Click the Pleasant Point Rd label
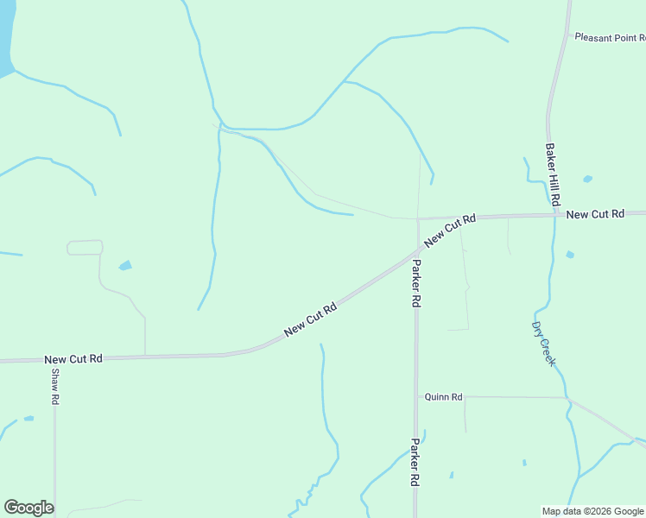(x=610, y=38)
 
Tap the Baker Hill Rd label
(x=552, y=174)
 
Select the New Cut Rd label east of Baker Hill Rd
(x=595, y=213)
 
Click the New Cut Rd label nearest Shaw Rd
(x=73, y=358)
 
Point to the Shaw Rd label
(x=54, y=388)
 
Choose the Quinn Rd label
(x=444, y=397)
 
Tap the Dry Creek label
(x=543, y=344)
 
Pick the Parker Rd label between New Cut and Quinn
(x=416, y=284)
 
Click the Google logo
(x=28, y=508)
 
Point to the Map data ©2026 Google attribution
(x=593, y=511)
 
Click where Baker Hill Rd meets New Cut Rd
(x=555, y=214)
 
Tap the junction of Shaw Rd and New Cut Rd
(x=54, y=358)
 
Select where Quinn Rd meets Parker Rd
(x=416, y=397)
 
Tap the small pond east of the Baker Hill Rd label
(x=587, y=179)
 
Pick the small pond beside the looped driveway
(x=125, y=265)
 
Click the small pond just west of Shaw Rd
(x=28, y=419)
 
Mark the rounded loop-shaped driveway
(x=85, y=248)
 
